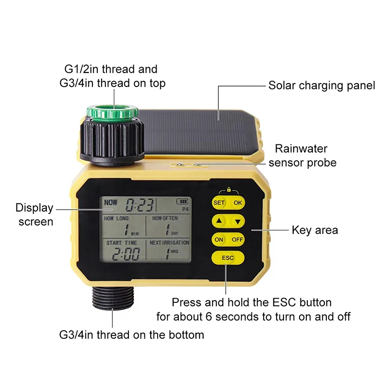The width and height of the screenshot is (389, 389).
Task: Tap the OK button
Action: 238,203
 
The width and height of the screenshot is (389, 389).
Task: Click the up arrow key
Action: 219,221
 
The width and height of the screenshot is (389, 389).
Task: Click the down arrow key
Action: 237,221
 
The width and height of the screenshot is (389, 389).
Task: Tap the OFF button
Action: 237,239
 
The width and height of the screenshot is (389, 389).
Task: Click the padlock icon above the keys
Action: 229,190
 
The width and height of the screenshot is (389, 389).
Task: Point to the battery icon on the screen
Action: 182,201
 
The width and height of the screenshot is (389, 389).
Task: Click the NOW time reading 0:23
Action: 140,205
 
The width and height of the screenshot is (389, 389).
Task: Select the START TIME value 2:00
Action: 125,254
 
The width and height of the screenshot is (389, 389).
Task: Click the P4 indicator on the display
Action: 185,209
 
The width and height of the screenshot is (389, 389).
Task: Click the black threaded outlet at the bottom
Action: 113,298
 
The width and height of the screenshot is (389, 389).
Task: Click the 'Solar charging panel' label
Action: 321,86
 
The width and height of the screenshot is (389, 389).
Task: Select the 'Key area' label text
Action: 315,230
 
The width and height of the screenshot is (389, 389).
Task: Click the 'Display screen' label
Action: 35,214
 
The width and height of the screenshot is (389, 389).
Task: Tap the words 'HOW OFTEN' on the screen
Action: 165,218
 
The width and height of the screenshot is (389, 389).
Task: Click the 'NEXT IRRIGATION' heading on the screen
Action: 169,243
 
